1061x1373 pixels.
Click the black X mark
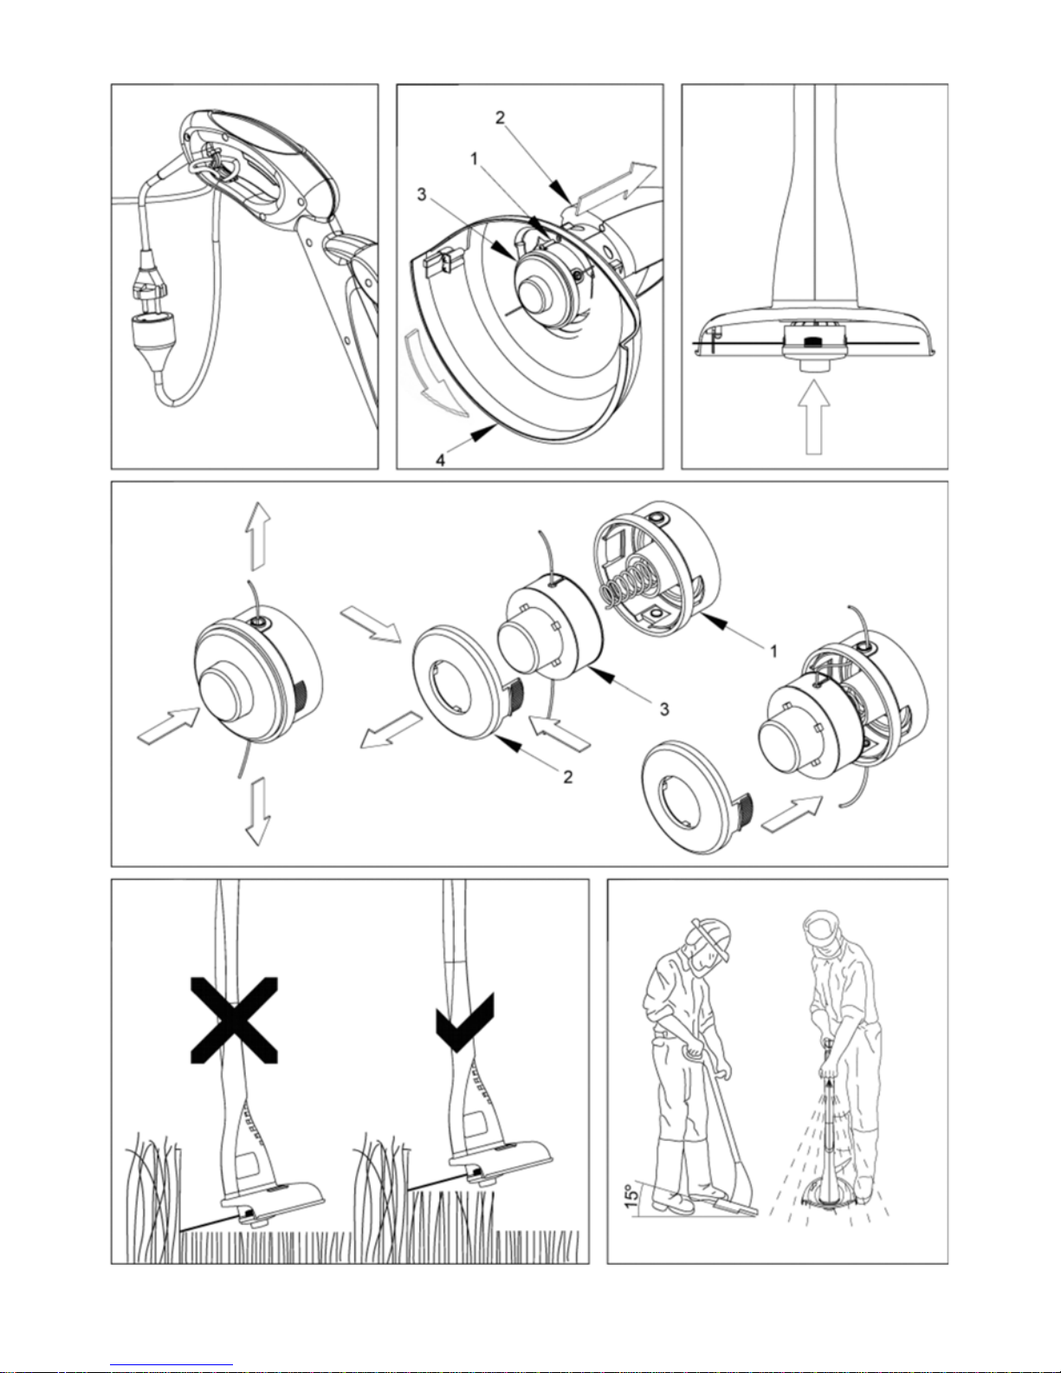(234, 1020)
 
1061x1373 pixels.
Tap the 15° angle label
(631, 1196)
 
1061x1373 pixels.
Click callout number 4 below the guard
(440, 460)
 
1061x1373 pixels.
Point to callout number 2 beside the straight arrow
(501, 118)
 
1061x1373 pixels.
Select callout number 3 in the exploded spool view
(664, 709)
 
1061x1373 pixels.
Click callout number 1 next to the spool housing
(774, 651)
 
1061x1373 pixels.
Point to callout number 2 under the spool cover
(568, 777)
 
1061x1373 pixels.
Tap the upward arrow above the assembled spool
(258, 536)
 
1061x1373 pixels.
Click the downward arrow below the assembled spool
(258, 812)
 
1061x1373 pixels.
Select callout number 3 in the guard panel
(422, 195)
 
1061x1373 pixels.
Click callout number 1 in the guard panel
(475, 159)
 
